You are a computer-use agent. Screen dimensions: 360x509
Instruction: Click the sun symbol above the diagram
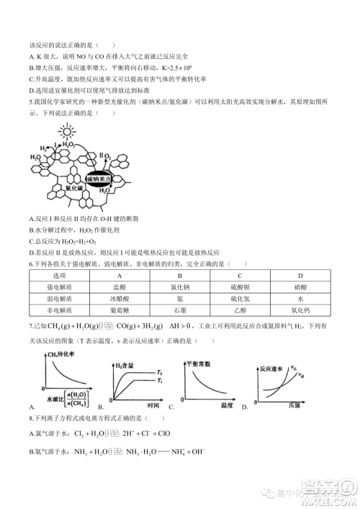click(67, 132)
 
